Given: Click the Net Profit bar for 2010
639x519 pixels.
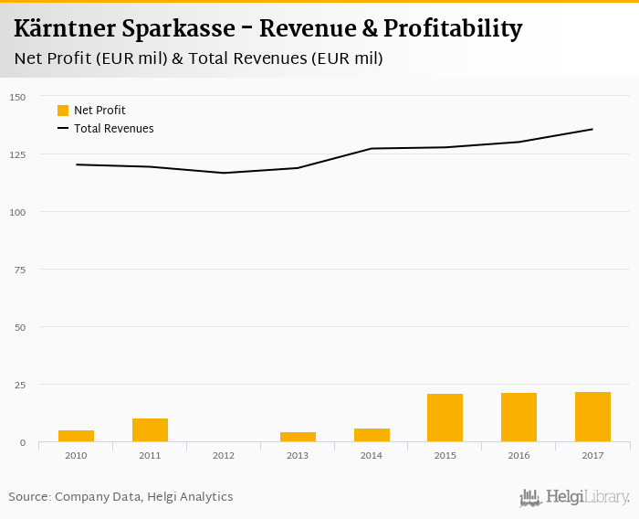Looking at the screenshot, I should [x=77, y=436].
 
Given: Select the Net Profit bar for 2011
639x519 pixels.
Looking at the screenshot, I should [x=150, y=430].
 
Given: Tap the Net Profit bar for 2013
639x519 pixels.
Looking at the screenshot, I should [x=298, y=437].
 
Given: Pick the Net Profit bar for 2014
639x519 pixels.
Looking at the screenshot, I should [x=372, y=435].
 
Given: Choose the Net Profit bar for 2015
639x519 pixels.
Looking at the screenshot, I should [x=445, y=418].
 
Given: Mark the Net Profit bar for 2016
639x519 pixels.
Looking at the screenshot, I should [x=519, y=418].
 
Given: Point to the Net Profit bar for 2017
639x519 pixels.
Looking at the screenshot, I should [x=592, y=417].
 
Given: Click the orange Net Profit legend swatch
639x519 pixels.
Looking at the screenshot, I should [x=63, y=111].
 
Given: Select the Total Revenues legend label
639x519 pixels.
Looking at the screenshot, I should [x=114, y=129].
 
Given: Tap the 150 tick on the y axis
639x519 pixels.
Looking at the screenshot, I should [x=18, y=97].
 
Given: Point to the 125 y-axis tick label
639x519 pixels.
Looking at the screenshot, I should [x=18, y=154].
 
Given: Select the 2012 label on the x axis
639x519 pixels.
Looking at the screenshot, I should [x=224, y=454].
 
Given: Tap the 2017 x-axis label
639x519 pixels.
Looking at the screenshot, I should [x=592, y=454].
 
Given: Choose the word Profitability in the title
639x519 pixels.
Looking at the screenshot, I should [x=453, y=28].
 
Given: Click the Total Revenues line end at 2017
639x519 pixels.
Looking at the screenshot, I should [x=592, y=129].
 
